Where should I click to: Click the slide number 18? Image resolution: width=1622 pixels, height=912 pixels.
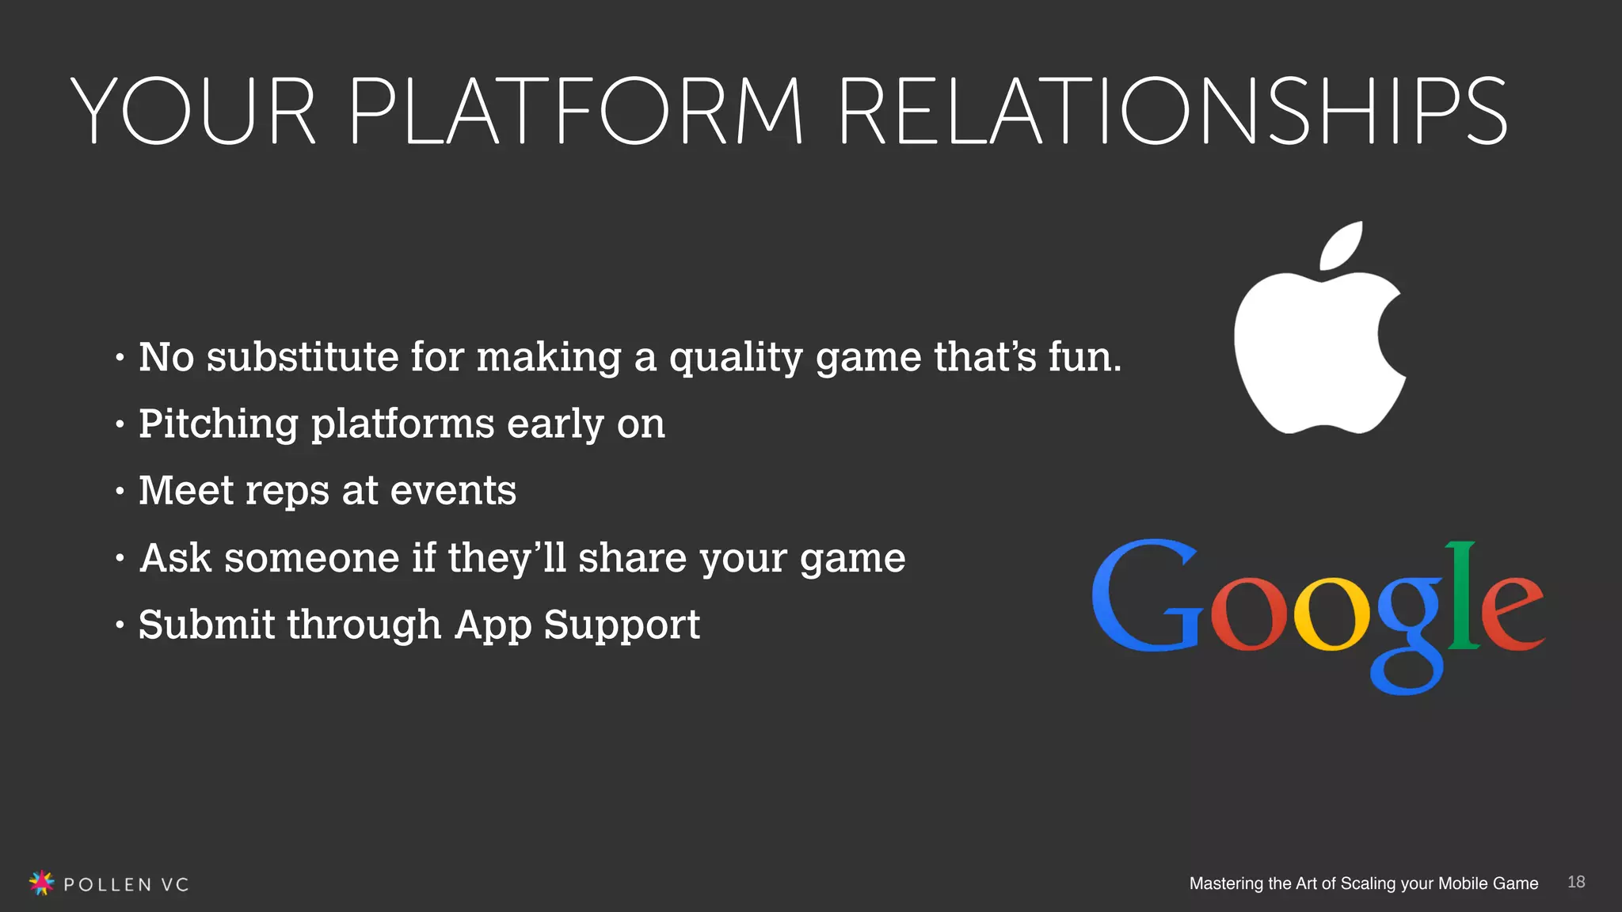pyautogui.click(x=1576, y=882)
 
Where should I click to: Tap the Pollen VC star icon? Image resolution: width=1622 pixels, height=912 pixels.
pyautogui.click(x=41, y=882)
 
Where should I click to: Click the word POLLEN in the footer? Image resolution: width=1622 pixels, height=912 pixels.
pyautogui.click(x=107, y=884)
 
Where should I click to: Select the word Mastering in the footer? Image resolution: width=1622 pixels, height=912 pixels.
pyautogui.click(x=1226, y=883)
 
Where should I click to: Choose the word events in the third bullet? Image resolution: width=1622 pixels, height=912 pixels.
pyautogui.click(x=453, y=490)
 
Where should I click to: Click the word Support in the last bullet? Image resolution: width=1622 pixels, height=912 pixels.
pyautogui.click(x=622, y=625)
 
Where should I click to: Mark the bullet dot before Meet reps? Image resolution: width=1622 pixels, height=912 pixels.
pyautogui.click(x=120, y=492)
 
